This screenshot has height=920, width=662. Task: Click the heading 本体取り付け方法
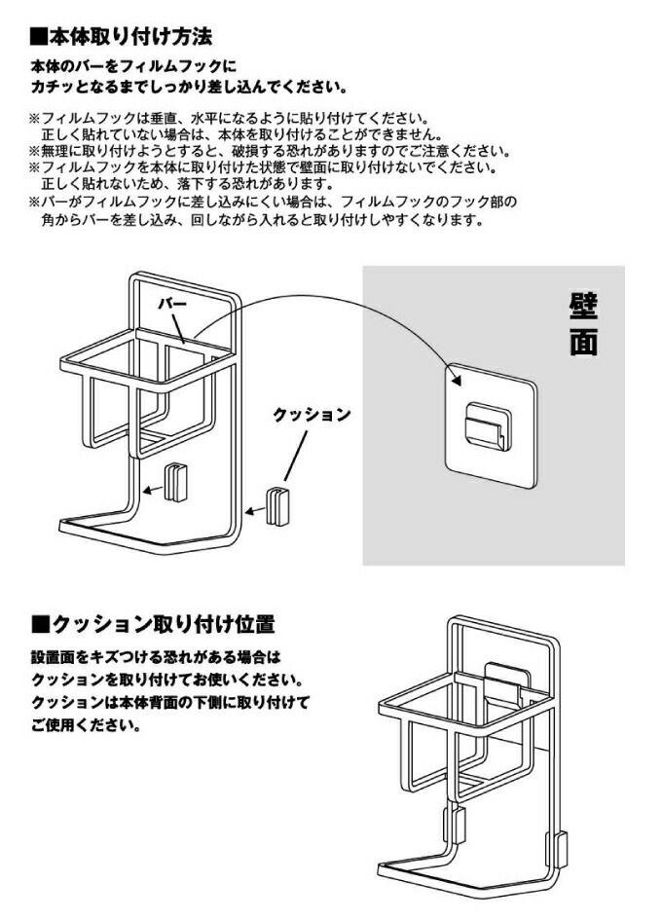coord(130,37)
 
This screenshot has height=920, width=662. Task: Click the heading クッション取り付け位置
coord(161,623)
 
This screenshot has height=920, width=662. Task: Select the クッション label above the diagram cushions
coord(311,414)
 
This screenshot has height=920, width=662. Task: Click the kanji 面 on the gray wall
coord(584,344)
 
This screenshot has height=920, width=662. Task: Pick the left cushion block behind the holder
coord(174,481)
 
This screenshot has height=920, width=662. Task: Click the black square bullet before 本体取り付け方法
coord(38,37)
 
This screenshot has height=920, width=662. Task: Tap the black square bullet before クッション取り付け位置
coord(39,623)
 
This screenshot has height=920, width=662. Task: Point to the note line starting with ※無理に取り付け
coord(268,152)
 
